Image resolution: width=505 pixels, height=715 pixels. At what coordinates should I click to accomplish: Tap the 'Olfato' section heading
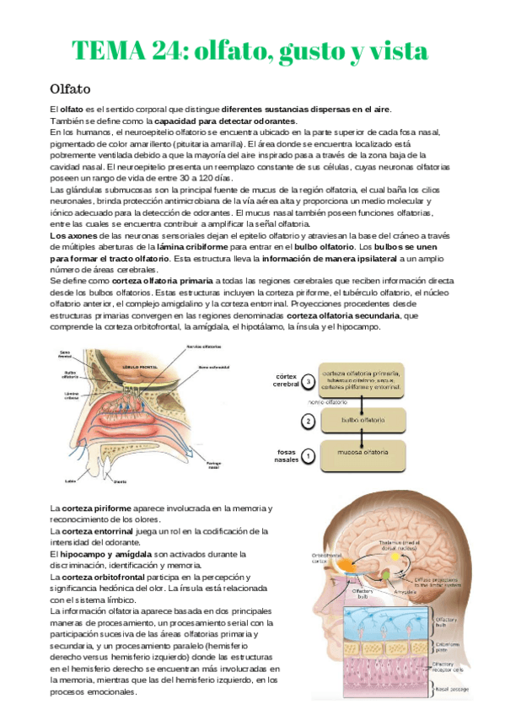71,89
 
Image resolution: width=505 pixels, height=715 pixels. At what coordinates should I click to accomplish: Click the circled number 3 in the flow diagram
309,381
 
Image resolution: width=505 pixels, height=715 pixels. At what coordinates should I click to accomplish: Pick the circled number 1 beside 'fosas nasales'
309,456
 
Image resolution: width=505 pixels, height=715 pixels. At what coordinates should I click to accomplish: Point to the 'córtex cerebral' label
287,380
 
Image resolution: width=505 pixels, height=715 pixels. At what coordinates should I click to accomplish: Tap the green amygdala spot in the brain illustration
386,573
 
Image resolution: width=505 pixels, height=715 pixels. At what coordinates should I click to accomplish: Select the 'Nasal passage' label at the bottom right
448,690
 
